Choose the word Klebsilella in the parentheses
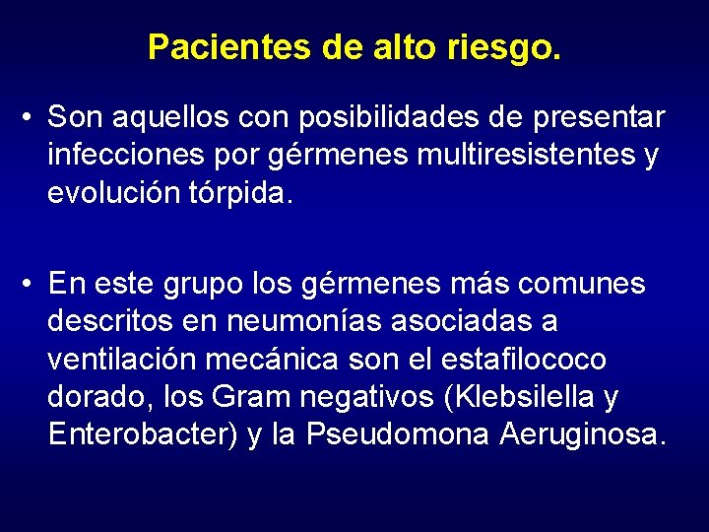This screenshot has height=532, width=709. pyautogui.click(x=519, y=397)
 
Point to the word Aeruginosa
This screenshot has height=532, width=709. pyautogui.click(x=582, y=434)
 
